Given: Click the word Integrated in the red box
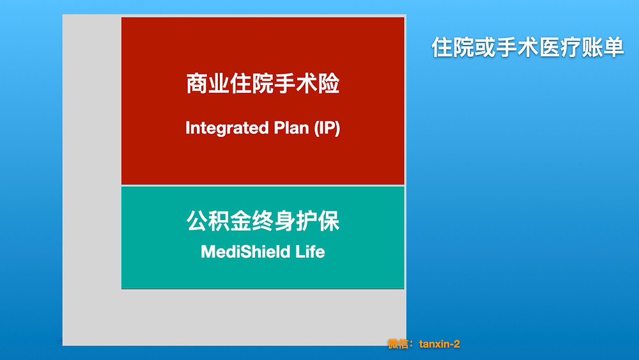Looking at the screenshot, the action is pyautogui.click(x=227, y=128).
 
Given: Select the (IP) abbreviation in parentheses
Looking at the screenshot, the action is pyautogui.click(x=327, y=128).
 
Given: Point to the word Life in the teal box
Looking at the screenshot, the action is pyautogui.click(x=310, y=251).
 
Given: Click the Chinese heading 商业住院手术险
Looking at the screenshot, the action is pyautogui.click(x=263, y=84).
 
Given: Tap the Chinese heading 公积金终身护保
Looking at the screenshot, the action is pyautogui.click(x=263, y=221).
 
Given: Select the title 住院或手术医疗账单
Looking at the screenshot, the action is pyautogui.click(x=527, y=47).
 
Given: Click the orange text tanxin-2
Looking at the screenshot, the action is pyautogui.click(x=440, y=344).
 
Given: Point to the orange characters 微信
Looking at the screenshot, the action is pyautogui.click(x=397, y=344).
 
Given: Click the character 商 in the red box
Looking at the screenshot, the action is pyautogui.click(x=197, y=84).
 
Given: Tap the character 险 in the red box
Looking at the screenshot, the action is pyautogui.click(x=329, y=84).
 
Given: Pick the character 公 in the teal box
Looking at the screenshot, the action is pyautogui.click(x=197, y=221).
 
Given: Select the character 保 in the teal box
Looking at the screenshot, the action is pyautogui.click(x=329, y=221).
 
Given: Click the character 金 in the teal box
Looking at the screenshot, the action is pyautogui.click(x=241, y=221).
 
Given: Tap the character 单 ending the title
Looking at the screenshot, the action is pyautogui.click(x=613, y=47).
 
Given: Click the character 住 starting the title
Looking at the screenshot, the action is pyautogui.click(x=442, y=47).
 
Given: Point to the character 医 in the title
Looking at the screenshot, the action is pyautogui.click(x=549, y=47).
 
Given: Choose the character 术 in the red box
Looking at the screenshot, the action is pyautogui.click(x=307, y=84).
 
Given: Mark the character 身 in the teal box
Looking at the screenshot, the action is pyautogui.click(x=285, y=221).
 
